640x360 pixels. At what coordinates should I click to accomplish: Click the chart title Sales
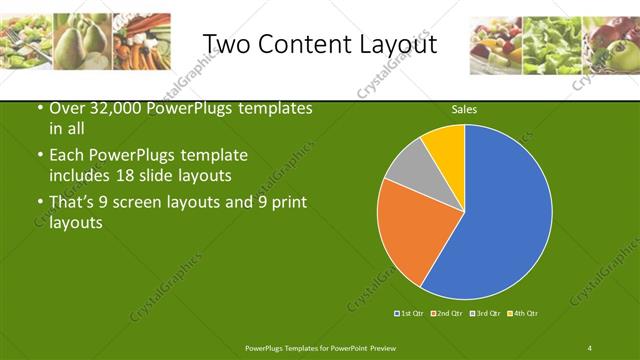pyautogui.click(x=463, y=109)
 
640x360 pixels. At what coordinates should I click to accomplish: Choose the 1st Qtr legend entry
pyautogui.click(x=411, y=314)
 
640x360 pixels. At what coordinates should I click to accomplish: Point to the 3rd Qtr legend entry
pyautogui.click(x=484, y=314)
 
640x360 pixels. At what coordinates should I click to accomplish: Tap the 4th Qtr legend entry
pyautogui.click(x=521, y=314)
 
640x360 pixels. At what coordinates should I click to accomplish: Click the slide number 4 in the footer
pyautogui.click(x=590, y=348)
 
